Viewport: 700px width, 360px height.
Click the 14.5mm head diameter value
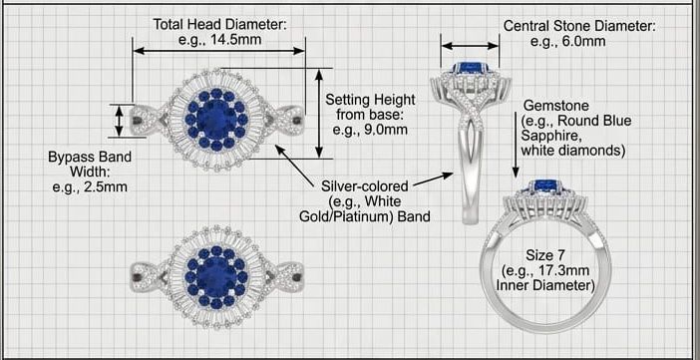(x=236, y=40)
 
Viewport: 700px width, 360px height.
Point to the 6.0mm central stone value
(x=584, y=42)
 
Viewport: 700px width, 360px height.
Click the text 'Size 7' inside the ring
(x=545, y=255)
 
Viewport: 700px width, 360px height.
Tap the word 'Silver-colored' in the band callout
(x=365, y=185)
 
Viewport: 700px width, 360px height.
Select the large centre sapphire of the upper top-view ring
(x=216, y=120)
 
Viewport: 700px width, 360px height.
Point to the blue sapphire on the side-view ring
(x=470, y=69)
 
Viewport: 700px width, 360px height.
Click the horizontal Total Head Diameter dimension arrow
(x=219, y=51)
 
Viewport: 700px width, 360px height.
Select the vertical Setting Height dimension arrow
(x=319, y=114)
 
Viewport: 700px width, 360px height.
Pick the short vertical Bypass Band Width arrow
(x=119, y=121)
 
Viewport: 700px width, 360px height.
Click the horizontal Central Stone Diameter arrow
(x=470, y=46)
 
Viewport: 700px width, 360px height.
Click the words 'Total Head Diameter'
(x=219, y=25)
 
